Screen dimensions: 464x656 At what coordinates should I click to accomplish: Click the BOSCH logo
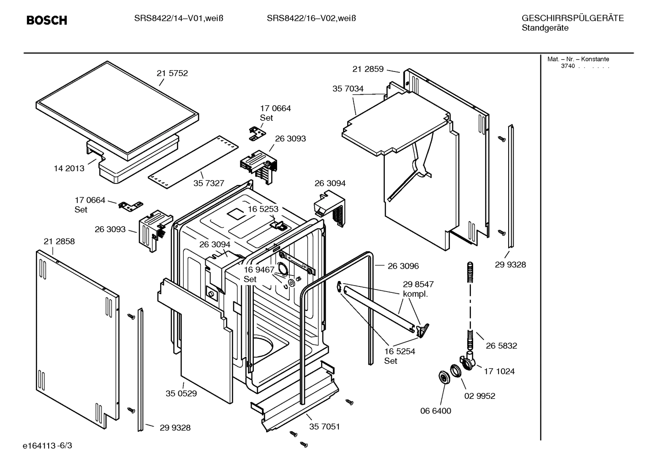click(x=46, y=20)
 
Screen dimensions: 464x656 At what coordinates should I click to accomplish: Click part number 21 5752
click(x=172, y=73)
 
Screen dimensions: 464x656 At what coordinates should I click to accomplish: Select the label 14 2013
click(x=69, y=168)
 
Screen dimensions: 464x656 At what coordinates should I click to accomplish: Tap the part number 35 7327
click(x=209, y=183)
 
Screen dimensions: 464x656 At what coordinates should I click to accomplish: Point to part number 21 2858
click(x=59, y=241)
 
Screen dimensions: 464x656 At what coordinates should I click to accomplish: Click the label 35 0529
click(x=181, y=393)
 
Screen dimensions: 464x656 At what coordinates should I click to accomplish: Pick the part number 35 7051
click(x=324, y=427)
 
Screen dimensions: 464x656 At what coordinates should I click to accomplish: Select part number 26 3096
click(x=403, y=266)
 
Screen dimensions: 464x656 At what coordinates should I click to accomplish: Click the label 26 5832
click(x=501, y=346)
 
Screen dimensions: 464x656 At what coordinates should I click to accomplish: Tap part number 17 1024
click(x=499, y=372)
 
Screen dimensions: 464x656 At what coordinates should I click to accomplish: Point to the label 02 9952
click(x=479, y=396)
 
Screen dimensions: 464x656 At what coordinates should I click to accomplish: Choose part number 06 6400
click(x=435, y=411)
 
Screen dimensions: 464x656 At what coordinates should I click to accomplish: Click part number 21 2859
click(x=368, y=69)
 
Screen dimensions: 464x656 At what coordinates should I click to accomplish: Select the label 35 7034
click(x=348, y=89)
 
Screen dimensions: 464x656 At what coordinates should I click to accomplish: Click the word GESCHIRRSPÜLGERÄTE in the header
click(x=572, y=18)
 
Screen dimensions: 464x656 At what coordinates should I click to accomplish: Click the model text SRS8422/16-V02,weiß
click(x=311, y=18)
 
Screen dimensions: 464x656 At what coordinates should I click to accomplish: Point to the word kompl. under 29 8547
click(x=415, y=294)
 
